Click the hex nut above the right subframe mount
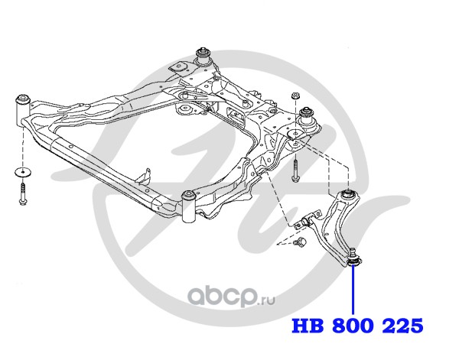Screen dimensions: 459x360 [x=295, y=96]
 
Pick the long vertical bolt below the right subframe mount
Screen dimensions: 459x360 [x=295, y=169]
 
